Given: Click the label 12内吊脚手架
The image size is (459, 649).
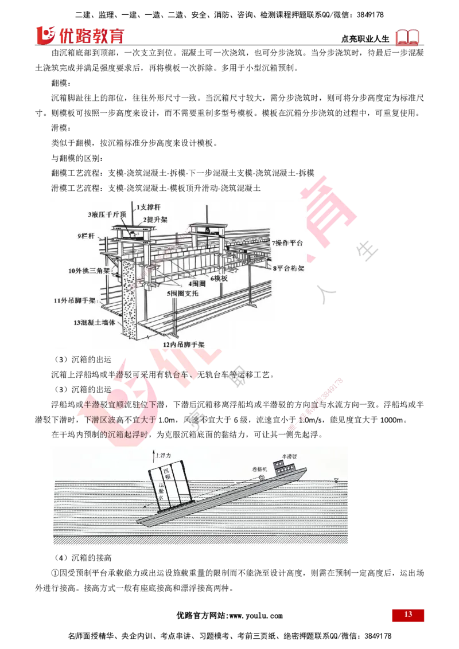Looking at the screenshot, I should tap(183, 345).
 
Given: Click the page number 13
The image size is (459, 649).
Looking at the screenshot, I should tap(408, 615).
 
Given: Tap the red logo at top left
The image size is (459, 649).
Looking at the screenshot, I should tap(80, 35).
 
